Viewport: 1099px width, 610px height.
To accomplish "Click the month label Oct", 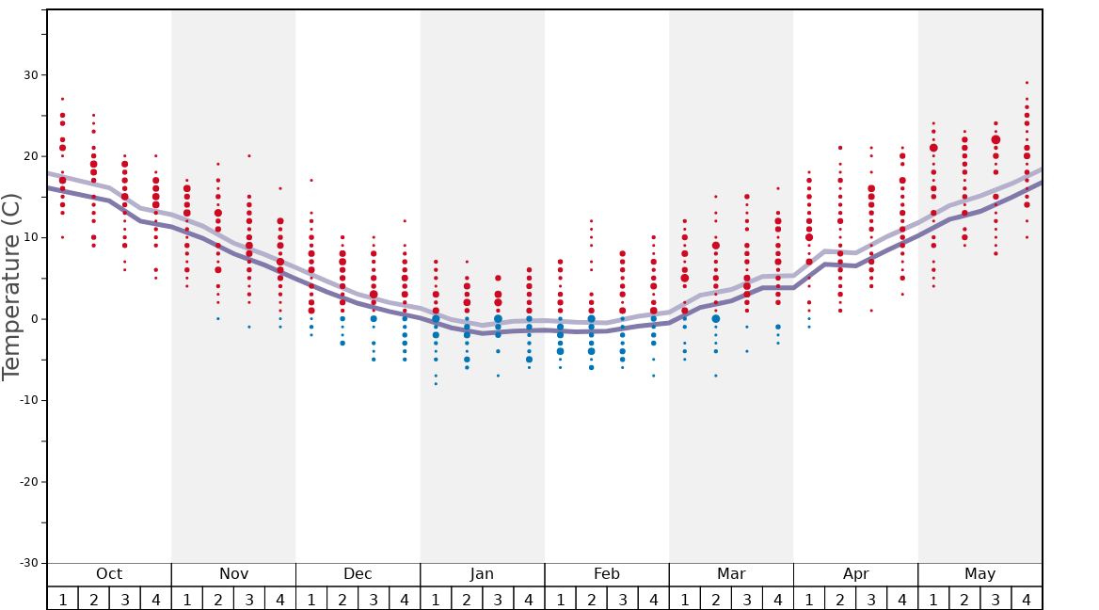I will pos(109,574).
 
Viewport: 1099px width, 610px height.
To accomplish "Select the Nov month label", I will pos(233,574).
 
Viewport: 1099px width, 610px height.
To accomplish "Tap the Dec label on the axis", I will pos(358,574).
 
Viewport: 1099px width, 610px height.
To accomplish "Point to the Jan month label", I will pos(482,574).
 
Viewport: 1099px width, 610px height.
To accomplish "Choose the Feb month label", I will pos(607,574).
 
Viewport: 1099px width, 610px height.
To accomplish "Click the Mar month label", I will pos(731,574).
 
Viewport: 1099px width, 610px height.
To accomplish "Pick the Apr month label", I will pos(855,574).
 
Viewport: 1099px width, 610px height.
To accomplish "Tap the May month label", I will pos(980,574).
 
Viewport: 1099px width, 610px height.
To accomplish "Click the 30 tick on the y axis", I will pos(30,75).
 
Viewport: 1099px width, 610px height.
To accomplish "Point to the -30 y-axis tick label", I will pos(27,563).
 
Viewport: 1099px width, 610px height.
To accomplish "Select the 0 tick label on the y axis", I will pos(34,319).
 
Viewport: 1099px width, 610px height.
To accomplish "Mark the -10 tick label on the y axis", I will pos(27,400).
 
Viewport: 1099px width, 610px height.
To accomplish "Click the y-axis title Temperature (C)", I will pos(11,287).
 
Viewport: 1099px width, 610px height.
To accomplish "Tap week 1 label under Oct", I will pos(62,599).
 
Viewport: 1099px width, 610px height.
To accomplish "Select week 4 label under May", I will pos(1027,599).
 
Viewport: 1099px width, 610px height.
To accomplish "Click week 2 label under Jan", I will pos(467,599).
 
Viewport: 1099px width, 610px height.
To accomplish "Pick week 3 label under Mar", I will pos(747,599).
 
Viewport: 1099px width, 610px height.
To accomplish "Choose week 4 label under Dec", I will pos(405,599).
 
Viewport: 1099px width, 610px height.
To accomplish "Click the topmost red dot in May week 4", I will pos(1027,83).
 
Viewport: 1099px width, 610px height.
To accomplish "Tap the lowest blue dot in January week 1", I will pos(436,383).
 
